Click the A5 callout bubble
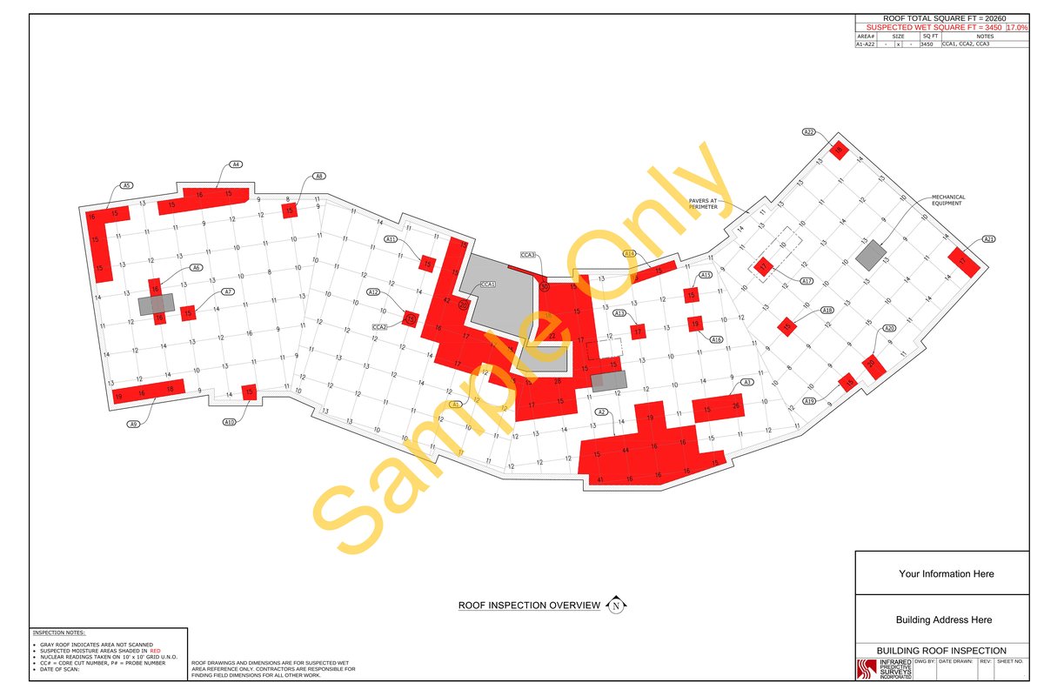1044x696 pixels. tap(125, 185)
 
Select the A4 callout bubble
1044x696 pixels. tap(235, 164)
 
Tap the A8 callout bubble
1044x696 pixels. tap(319, 176)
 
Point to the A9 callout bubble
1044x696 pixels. tap(134, 424)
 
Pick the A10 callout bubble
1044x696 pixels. tap(230, 421)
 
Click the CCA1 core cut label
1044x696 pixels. tap(488, 284)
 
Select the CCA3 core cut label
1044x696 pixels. tap(528, 255)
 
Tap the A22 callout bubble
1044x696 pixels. tap(808, 132)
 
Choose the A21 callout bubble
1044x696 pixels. tap(988, 239)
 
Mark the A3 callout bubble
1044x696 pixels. tap(746, 382)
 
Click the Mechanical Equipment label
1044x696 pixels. tap(948, 200)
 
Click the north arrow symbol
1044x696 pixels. tap(616, 606)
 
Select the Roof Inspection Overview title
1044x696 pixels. tap(529, 606)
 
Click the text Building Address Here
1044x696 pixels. tap(944, 620)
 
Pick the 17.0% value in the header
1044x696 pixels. tap(1016, 28)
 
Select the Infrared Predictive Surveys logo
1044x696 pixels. tap(885, 669)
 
